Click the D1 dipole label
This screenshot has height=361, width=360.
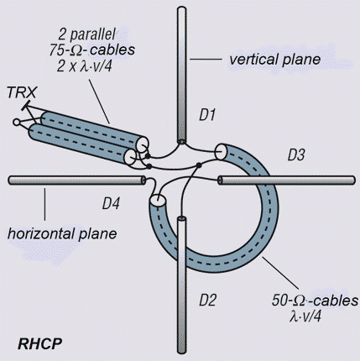click(x=207, y=115)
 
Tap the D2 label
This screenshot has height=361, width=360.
click(x=207, y=300)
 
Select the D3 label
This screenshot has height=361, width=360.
click(x=296, y=155)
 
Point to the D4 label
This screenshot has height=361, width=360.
click(x=111, y=203)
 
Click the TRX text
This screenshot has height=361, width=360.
click(x=22, y=92)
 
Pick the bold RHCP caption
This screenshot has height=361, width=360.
click(x=40, y=343)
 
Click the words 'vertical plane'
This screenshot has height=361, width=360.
click(x=274, y=60)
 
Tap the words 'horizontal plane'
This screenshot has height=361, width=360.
click(x=62, y=233)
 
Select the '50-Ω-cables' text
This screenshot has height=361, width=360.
click(x=315, y=301)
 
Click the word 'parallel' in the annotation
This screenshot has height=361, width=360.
click(x=92, y=34)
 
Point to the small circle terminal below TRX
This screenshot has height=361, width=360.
click(x=17, y=123)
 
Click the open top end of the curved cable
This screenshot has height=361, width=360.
click(x=221, y=152)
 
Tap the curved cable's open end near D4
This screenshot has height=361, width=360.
click(x=158, y=201)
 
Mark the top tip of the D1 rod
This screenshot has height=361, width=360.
click(x=181, y=8)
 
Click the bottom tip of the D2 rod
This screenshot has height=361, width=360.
click(x=182, y=352)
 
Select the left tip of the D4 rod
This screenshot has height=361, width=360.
click(x=10, y=180)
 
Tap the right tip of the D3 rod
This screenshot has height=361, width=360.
click(x=354, y=180)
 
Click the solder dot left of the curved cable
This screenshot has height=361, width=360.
click(x=199, y=165)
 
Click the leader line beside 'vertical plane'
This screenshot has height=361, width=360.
click(x=206, y=59)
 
